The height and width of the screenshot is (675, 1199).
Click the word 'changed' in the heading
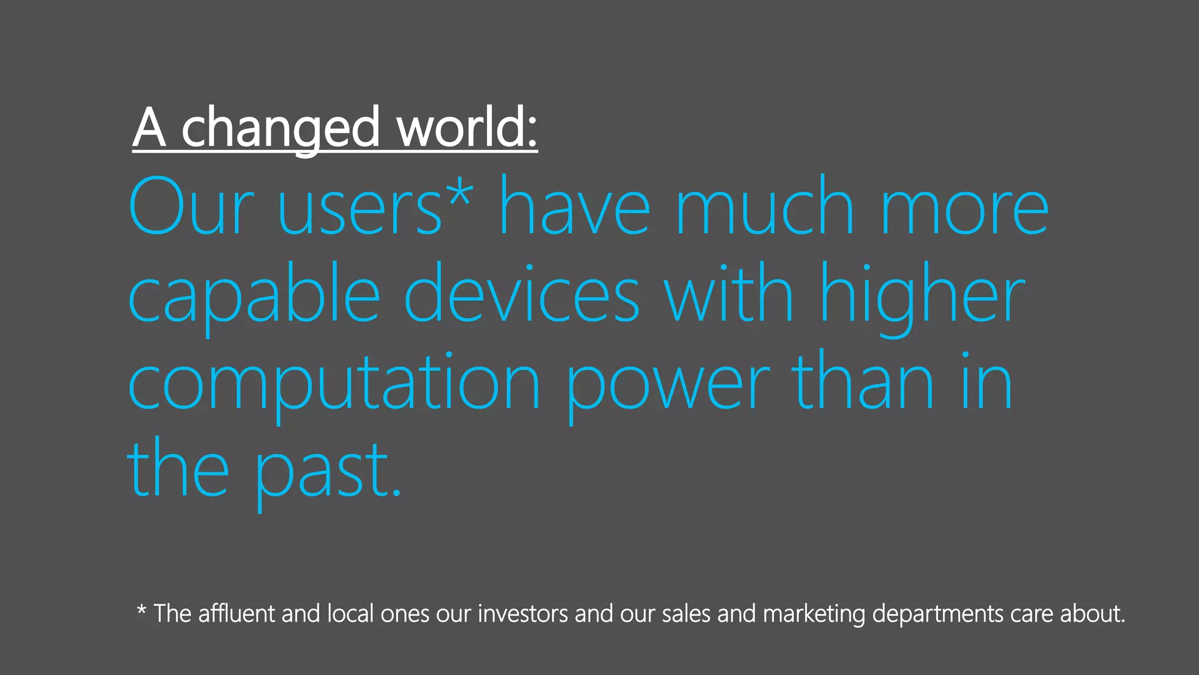[280, 129]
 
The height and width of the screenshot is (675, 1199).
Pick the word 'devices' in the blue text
[522, 296]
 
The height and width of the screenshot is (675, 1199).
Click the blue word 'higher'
[922, 296]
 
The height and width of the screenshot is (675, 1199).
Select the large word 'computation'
[334, 384]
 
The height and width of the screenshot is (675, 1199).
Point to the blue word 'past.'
[328, 472]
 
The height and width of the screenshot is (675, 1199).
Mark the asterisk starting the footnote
[141, 611]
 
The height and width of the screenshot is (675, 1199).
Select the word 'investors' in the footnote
[523, 613]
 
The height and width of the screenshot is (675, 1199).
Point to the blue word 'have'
[574, 207]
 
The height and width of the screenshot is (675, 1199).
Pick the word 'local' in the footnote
[350, 613]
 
